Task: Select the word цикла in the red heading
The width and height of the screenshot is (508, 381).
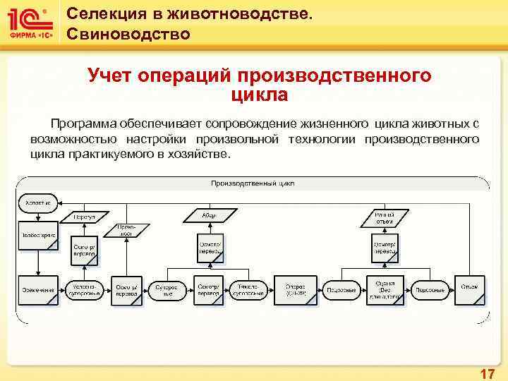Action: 259,93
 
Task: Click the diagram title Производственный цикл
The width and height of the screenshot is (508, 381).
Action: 253,183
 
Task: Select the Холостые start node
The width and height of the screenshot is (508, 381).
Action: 38,202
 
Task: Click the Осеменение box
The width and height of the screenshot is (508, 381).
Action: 38,290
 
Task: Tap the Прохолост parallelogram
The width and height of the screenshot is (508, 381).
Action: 126,230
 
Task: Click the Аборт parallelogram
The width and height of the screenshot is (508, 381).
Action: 209,214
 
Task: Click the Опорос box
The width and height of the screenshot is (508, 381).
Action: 295,289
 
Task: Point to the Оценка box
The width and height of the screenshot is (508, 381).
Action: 386,289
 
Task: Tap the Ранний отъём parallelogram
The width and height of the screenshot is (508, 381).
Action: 385,217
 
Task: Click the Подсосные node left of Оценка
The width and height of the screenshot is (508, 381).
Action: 341,290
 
